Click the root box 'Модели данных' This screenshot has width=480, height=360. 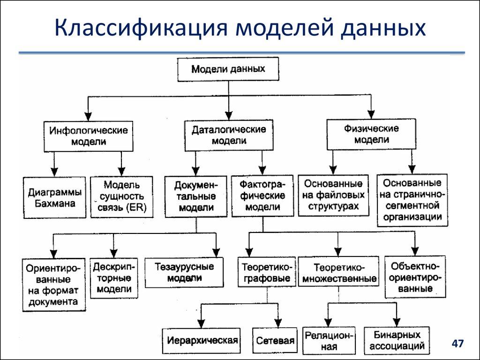pyautogui.click(x=228, y=69)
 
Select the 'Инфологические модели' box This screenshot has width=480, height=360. pyautogui.click(x=88, y=136)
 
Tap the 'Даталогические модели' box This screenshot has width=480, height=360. pyautogui.click(x=228, y=135)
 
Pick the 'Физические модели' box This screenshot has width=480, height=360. pyautogui.click(x=371, y=134)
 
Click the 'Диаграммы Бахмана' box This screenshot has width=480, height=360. pyautogui.click(x=54, y=198)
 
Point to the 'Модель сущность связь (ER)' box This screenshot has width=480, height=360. pyautogui.click(x=121, y=197)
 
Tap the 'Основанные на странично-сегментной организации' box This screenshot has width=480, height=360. pyautogui.click(x=412, y=200)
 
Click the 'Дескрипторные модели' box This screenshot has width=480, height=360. pyautogui.click(x=114, y=278)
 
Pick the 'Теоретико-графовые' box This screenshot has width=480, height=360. pyautogui.click(x=267, y=272)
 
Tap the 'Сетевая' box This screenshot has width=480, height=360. pyautogui.click(x=275, y=341)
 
